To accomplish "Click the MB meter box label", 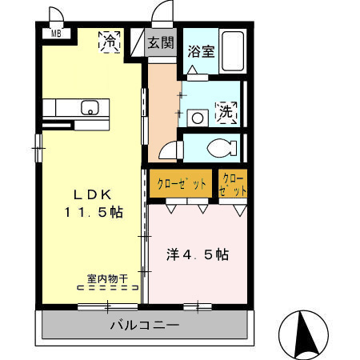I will (56, 34).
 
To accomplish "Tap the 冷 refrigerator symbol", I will (109, 41).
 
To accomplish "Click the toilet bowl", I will (220, 148).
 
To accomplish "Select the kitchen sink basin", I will (89, 106).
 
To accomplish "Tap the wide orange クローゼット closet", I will (181, 184).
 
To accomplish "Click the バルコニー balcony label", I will (143, 326).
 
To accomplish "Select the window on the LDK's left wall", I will (37, 149).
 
